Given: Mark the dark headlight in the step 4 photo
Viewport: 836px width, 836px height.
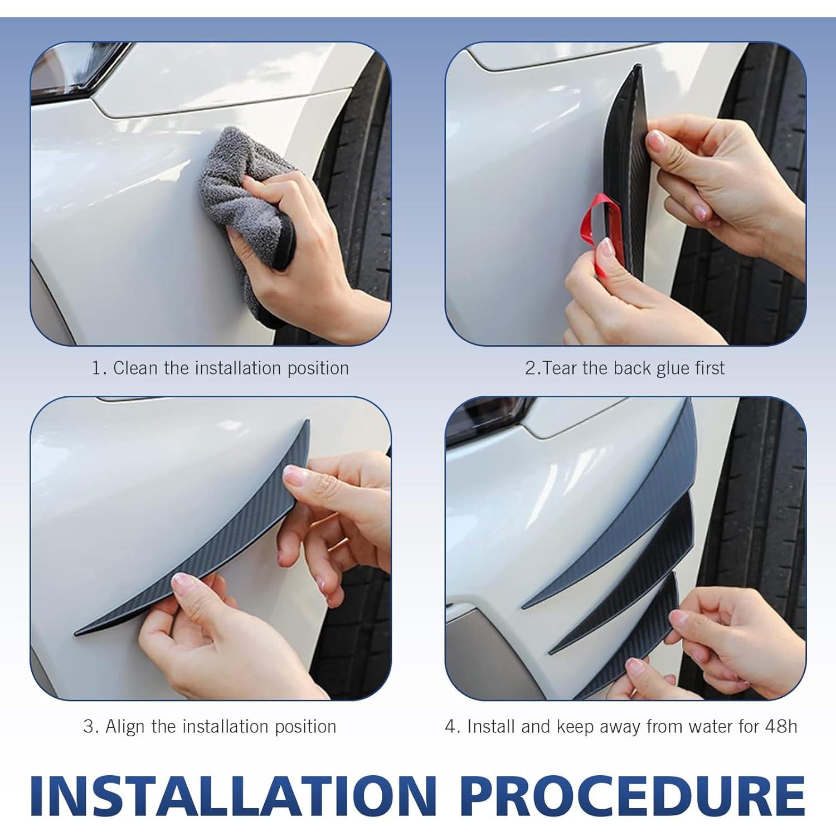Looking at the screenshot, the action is click(x=490, y=415).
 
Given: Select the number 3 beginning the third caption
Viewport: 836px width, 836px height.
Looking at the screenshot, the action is click(x=88, y=727).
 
